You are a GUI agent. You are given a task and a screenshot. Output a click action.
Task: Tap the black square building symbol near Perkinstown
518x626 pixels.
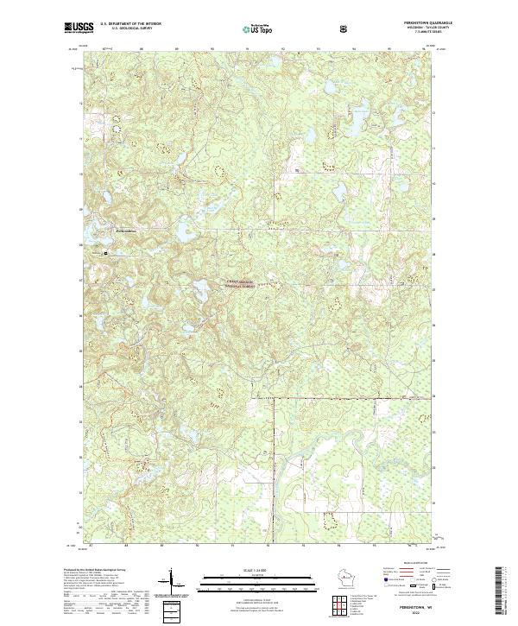click(x=106, y=253)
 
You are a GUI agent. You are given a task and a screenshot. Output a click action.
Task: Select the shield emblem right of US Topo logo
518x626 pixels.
click(x=294, y=28)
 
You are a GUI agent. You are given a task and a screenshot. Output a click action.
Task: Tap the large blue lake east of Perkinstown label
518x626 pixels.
click(x=184, y=233)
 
